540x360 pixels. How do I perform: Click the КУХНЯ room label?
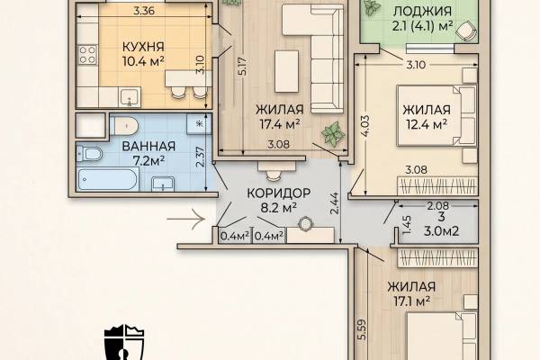(x=143, y=47)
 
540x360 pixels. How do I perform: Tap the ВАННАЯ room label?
(x=148, y=146)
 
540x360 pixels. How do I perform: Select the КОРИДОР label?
(x=279, y=193)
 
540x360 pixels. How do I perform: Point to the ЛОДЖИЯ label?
(x=422, y=12)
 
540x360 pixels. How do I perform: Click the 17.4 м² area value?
(x=279, y=124)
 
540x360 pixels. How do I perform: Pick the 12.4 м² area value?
(x=427, y=124)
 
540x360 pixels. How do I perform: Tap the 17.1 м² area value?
(x=411, y=301)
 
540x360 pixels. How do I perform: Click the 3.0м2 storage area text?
(x=441, y=230)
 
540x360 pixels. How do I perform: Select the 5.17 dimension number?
(x=243, y=66)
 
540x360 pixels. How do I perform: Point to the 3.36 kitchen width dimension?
(x=144, y=11)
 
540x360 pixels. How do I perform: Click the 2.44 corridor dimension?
(x=335, y=203)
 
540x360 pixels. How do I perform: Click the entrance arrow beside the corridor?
(x=186, y=219)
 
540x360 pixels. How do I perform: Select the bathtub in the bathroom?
(x=108, y=179)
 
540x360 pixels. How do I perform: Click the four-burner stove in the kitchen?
(x=87, y=55)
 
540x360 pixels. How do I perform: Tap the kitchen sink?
(x=130, y=97)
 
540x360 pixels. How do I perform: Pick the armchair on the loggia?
(x=466, y=31)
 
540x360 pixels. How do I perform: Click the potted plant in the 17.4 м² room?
(x=333, y=134)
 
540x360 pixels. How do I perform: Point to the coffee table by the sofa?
(x=286, y=71)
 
